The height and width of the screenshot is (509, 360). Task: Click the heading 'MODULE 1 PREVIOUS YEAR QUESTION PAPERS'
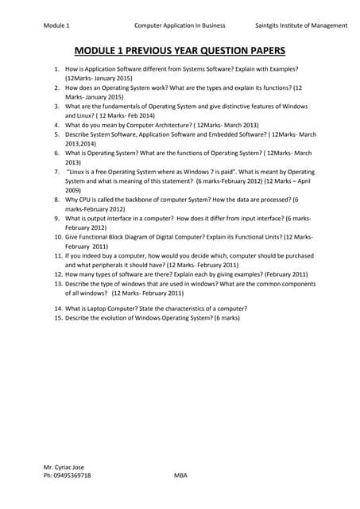(x=180, y=51)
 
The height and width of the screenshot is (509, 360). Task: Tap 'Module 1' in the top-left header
(x=56, y=25)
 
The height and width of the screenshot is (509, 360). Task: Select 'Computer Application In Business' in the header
(x=180, y=25)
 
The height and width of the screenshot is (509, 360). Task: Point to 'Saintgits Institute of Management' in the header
(x=296, y=25)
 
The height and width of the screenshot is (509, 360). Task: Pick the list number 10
(x=58, y=237)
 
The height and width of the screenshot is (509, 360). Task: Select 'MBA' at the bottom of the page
(x=180, y=476)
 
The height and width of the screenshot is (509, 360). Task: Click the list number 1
(x=59, y=71)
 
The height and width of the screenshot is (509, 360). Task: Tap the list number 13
(x=58, y=283)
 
